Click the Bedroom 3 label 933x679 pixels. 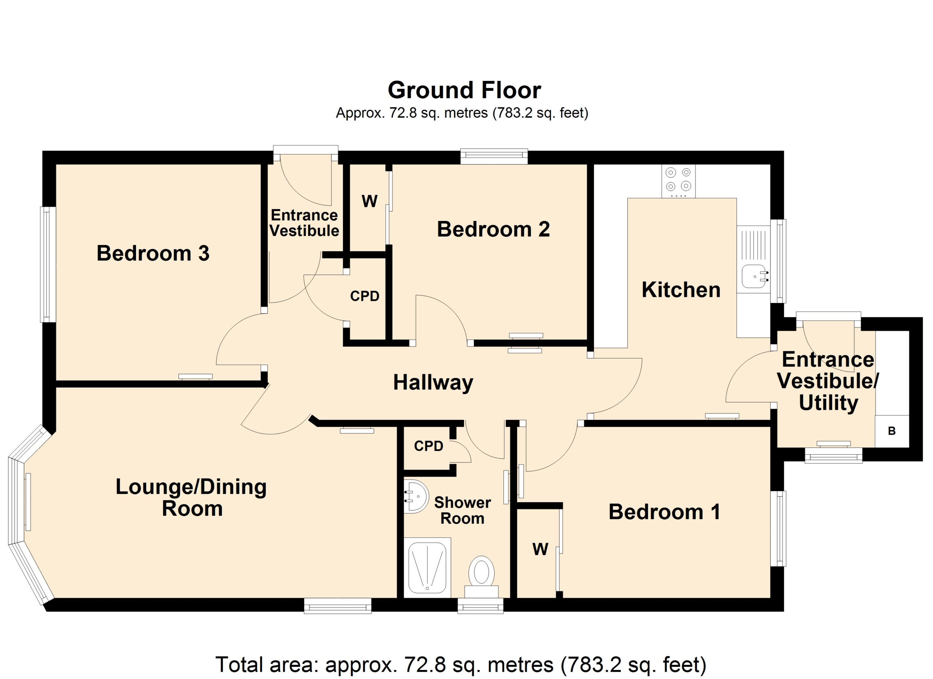[153, 253]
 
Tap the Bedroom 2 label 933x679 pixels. [493, 229]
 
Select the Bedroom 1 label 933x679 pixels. [664, 512]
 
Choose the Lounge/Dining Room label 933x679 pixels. [191, 497]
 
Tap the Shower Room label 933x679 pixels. [462, 510]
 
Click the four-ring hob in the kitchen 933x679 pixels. [678, 181]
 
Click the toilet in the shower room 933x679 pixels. [481, 577]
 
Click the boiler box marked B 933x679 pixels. [892, 431]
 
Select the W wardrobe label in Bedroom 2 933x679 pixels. [370, 201]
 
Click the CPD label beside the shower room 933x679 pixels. [429, 446]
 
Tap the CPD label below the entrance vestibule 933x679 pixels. [364, 296]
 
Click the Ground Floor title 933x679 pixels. [464, 90]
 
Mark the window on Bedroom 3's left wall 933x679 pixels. [48, 264]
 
